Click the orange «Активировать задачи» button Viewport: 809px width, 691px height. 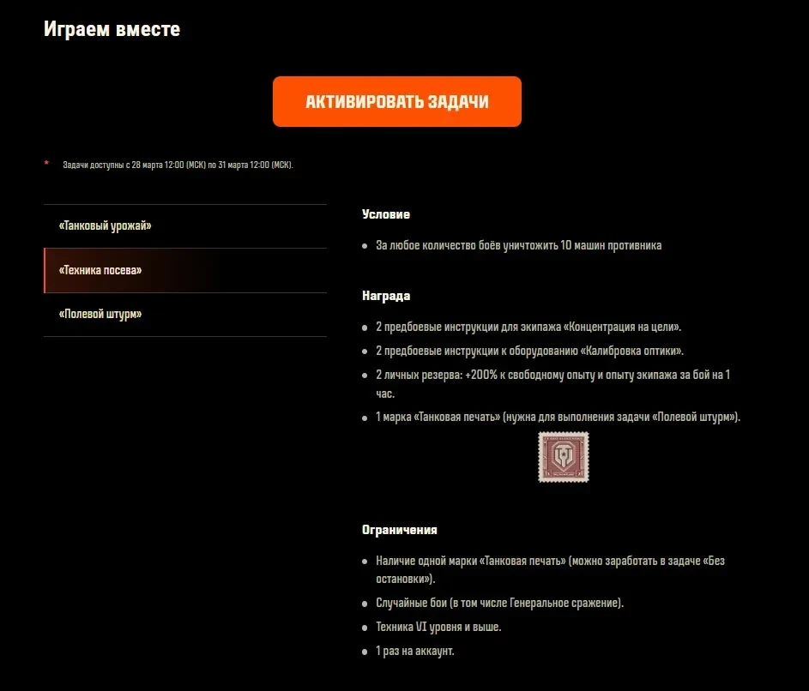(396, 102)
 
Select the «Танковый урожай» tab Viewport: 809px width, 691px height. (106, 226)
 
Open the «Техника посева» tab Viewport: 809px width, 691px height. (100, 270)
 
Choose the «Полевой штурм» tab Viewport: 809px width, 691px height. (100, 315)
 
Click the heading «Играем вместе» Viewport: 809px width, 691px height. (112, 29)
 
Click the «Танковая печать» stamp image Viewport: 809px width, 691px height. (563, 457)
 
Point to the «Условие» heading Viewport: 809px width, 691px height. (386, 214)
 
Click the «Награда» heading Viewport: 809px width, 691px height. (386, 296)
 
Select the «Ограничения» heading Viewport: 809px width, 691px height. (400, 531)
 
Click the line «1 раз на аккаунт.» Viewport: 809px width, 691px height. (415, 651)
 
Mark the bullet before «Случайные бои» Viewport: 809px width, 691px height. (365, 604)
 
